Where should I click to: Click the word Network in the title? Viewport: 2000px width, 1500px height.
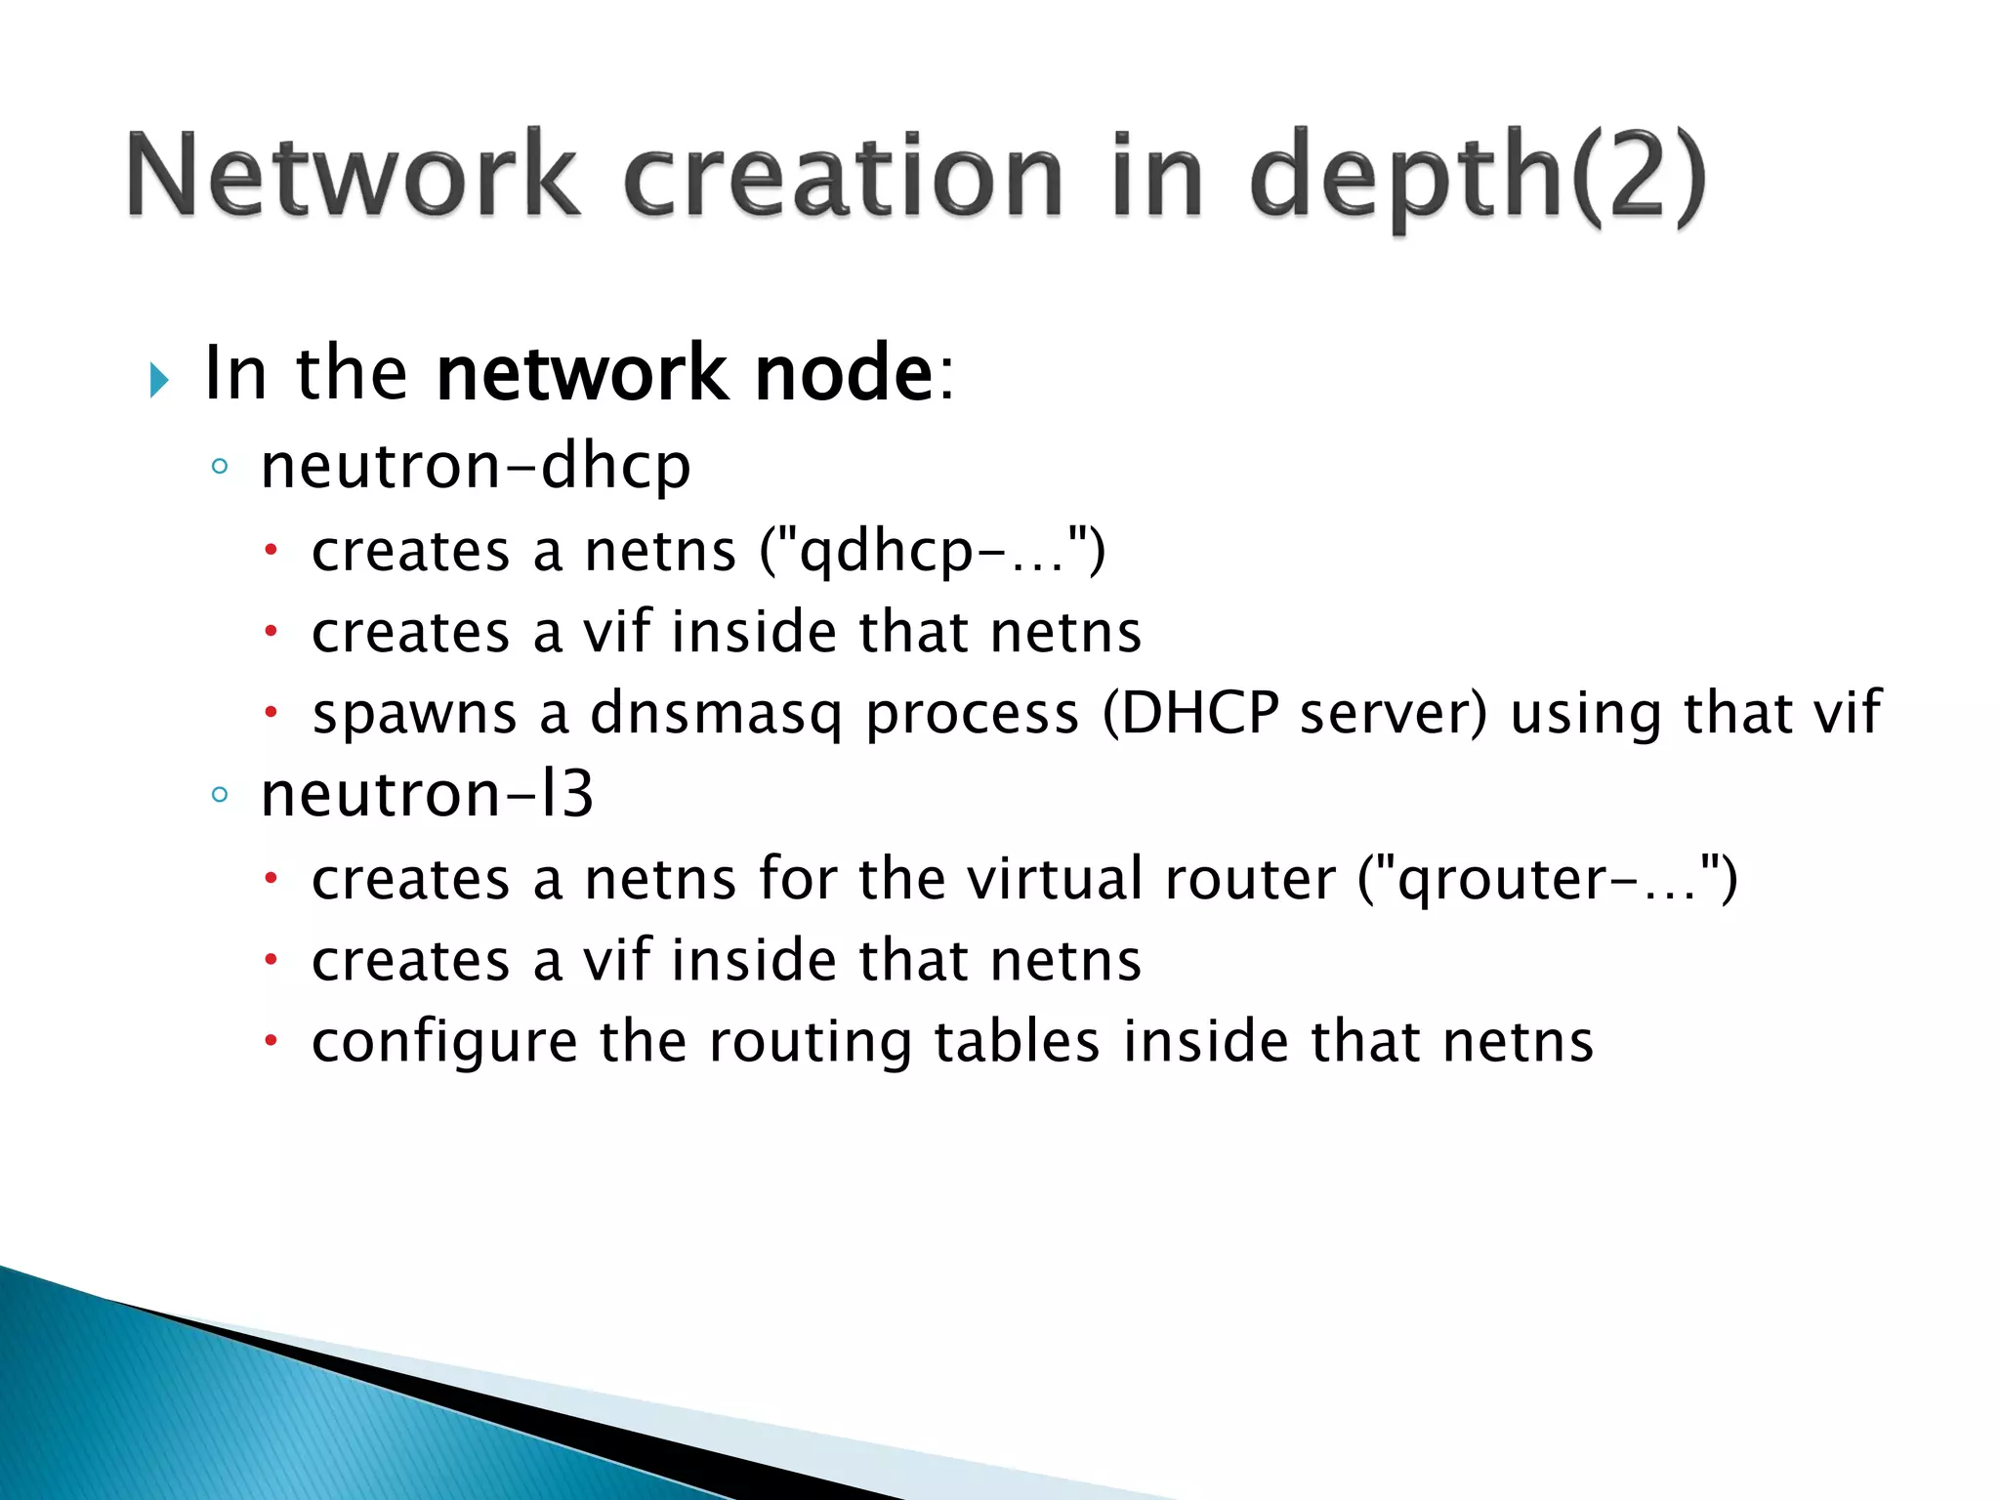352,176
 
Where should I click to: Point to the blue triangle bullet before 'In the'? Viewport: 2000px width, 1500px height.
159,380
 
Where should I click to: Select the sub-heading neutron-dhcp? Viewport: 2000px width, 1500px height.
476,466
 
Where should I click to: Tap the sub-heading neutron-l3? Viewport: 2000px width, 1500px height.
427,794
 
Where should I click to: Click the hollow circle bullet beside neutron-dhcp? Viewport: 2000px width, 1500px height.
220,467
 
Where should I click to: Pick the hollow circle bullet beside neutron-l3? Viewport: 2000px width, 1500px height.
220,795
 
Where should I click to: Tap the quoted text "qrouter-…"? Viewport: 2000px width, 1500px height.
1549,879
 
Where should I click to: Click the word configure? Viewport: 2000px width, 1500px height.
444,1043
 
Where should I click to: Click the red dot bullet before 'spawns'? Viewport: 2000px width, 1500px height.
271,713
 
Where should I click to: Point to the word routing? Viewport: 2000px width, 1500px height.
810,1043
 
